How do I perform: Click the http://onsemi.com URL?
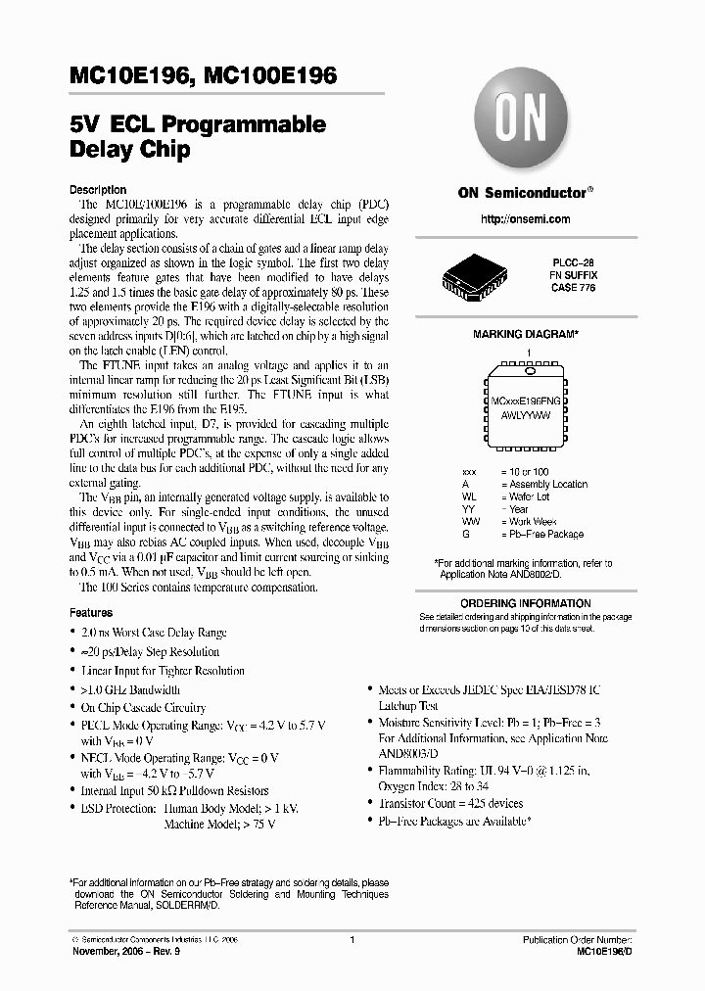pyautogui.click(x=526, y=219)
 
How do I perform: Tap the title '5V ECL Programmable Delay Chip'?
pyautogui.click(x=197, y=138)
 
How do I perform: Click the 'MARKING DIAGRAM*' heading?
pyautogui.click(x=526, y=334)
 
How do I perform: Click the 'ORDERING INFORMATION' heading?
pyautogui.click(x=526, y=603)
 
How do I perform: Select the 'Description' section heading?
pyautogui.click(x=97, y=189)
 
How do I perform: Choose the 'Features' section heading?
pyautogui.click(x=91, y=612)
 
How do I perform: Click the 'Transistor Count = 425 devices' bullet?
pyautogui.click(x=450, y=803)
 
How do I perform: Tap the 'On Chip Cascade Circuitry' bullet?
pyautogui.click(x=143, y=707)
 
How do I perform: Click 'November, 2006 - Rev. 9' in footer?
pyautogui.click(x=122, y=951)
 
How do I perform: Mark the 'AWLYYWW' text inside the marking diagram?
pyautogui.click(x=527, y=415)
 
